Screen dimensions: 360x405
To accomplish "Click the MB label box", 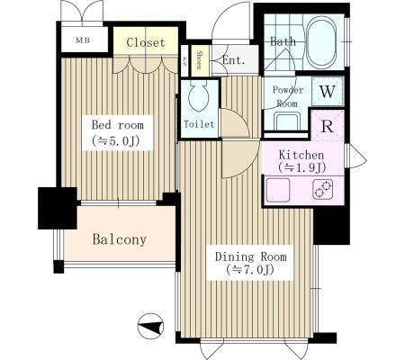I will (82, 40).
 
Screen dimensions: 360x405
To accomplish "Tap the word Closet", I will (144, 42).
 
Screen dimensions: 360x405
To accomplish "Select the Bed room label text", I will (117, 125).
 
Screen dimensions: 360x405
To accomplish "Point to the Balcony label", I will (119, 240).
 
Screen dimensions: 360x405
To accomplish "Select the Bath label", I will (283, 41).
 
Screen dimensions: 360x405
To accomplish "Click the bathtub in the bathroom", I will (321, 41).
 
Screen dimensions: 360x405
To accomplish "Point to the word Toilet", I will (198, 124).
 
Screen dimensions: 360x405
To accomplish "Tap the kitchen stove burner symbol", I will (321, 190).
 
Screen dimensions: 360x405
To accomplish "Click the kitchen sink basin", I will (278, 190).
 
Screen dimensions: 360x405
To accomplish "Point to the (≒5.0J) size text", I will (117, 140).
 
